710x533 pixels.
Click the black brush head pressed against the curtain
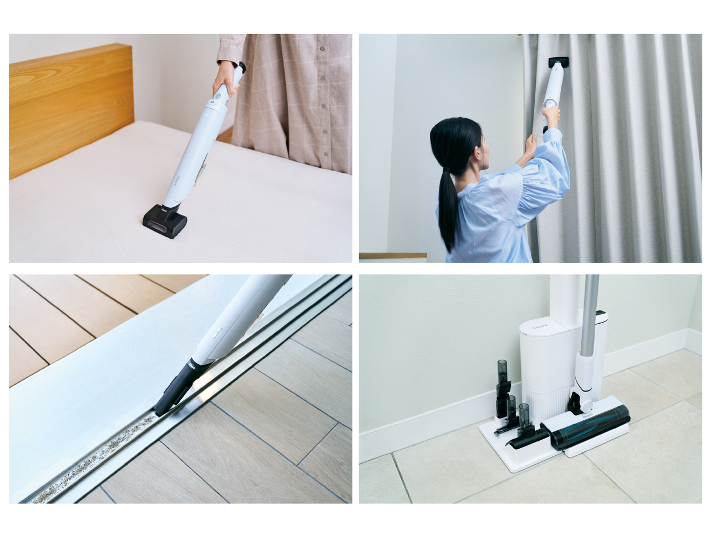(x=559, y=63)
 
